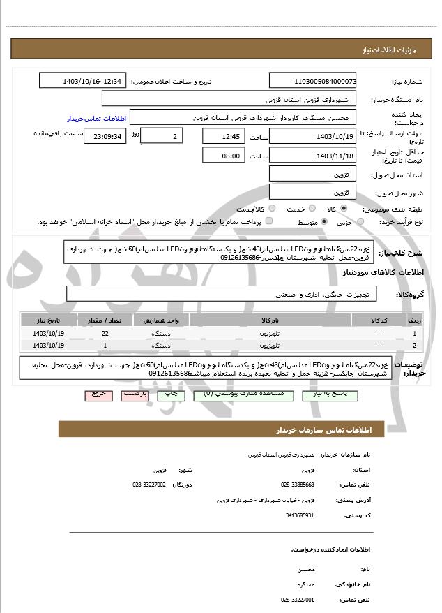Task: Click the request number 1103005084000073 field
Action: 312,82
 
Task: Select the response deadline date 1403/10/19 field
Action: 312,136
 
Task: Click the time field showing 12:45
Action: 223,136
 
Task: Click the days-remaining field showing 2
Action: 165,136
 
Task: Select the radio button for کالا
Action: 344,209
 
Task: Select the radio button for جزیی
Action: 360,222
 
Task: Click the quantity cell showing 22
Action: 105,334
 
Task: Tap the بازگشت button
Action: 135,394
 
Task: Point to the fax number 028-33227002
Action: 149,484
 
